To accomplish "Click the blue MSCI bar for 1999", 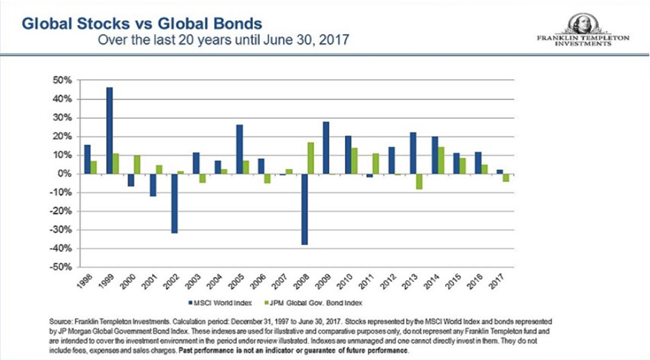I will tap(109, 130).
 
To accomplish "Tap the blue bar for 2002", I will tap(174, 203).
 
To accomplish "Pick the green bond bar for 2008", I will tap(311, 158).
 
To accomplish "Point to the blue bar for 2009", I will tap(325, 148).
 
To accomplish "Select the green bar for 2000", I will tap(137, 164).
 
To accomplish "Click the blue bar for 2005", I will tap(239, 149).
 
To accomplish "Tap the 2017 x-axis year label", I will tap(497, 281).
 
